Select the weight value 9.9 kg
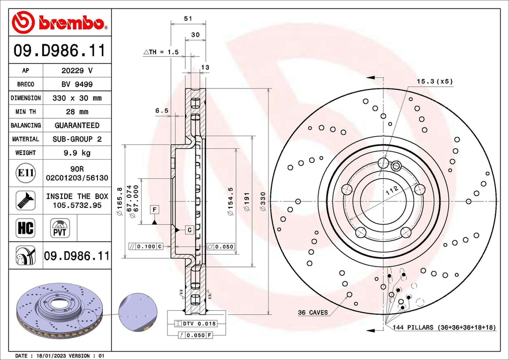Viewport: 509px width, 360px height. click(77, 153)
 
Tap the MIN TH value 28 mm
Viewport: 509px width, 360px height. click(77, 112)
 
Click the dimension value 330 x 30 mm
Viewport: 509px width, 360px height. click(77, 98)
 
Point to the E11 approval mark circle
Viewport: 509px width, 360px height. click(26, 173)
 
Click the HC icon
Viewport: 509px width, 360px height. click(25, 228)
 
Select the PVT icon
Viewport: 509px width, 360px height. click(60, 228)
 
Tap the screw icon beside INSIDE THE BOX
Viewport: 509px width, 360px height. click(25, 200)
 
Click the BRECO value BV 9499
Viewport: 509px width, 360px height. click(77, 85)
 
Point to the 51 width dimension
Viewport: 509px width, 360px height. click(188, 18)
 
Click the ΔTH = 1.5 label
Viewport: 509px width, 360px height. click(162, 52)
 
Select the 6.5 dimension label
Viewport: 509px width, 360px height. click(162, 111)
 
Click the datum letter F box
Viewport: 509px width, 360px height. click(155, 210)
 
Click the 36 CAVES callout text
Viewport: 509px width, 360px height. click(313, 312)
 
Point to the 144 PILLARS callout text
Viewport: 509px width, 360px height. click(444, 328)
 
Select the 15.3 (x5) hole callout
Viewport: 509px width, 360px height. click(434, 81)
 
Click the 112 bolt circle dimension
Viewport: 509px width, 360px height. click(392, 190)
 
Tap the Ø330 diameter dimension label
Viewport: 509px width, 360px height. click(263, 201)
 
